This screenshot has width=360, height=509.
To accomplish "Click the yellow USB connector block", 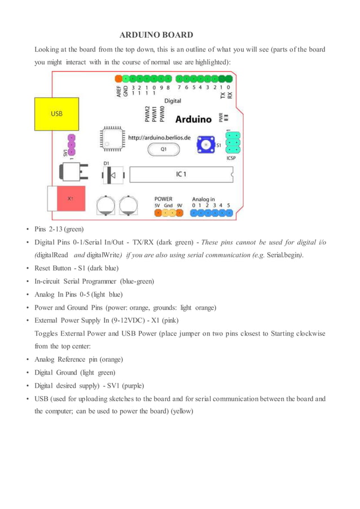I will point(56,113).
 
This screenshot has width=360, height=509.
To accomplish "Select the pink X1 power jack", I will point(69,199).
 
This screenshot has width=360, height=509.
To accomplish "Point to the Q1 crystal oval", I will point(163,150).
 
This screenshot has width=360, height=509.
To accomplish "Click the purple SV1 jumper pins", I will point(72,146).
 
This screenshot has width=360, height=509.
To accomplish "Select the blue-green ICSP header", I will point(233,143).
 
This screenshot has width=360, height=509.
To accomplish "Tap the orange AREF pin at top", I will point(118,78).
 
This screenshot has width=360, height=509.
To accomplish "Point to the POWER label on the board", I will point(163,199).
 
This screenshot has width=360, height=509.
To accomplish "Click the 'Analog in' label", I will point(203,199).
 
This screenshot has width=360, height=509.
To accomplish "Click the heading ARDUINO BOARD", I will point(156,35).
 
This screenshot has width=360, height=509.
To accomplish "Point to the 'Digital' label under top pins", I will point(173,101).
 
